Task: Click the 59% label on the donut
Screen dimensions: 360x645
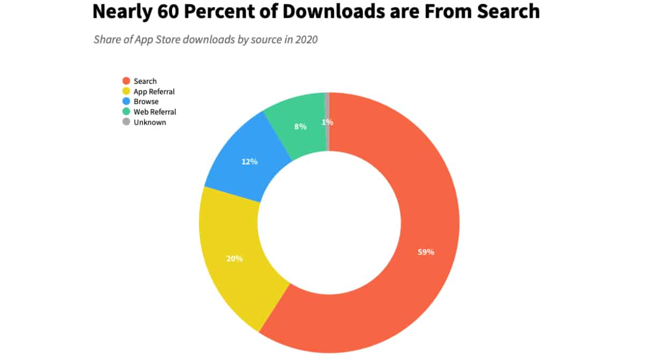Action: click(x=426, y=252)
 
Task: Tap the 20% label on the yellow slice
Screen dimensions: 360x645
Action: click(x=234, y=258)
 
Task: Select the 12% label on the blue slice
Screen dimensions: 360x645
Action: click(x=249, y=161)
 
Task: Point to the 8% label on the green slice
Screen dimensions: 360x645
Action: click(x=300, y=127)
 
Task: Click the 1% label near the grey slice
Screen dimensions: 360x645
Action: click(x=327, y=122)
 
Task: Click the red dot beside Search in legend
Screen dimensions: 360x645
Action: click(x=126, y=81)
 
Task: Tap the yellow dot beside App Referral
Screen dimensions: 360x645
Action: click(x=126, y=91)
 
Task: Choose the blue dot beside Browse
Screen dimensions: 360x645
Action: click(x=126, y=102)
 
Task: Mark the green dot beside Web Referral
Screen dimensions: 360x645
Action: click(x=126, y=112)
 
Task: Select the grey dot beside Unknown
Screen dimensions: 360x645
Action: click(x=126, y=122)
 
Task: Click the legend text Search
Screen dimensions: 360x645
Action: click(x=145, y=81)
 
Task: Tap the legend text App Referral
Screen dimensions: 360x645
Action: click(x=154, y=91)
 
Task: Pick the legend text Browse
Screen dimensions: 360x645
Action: click(x=146, y=102)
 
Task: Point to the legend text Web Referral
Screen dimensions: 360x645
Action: click(x=155, y=112)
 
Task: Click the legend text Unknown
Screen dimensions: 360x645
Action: click(x=150, y=122)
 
